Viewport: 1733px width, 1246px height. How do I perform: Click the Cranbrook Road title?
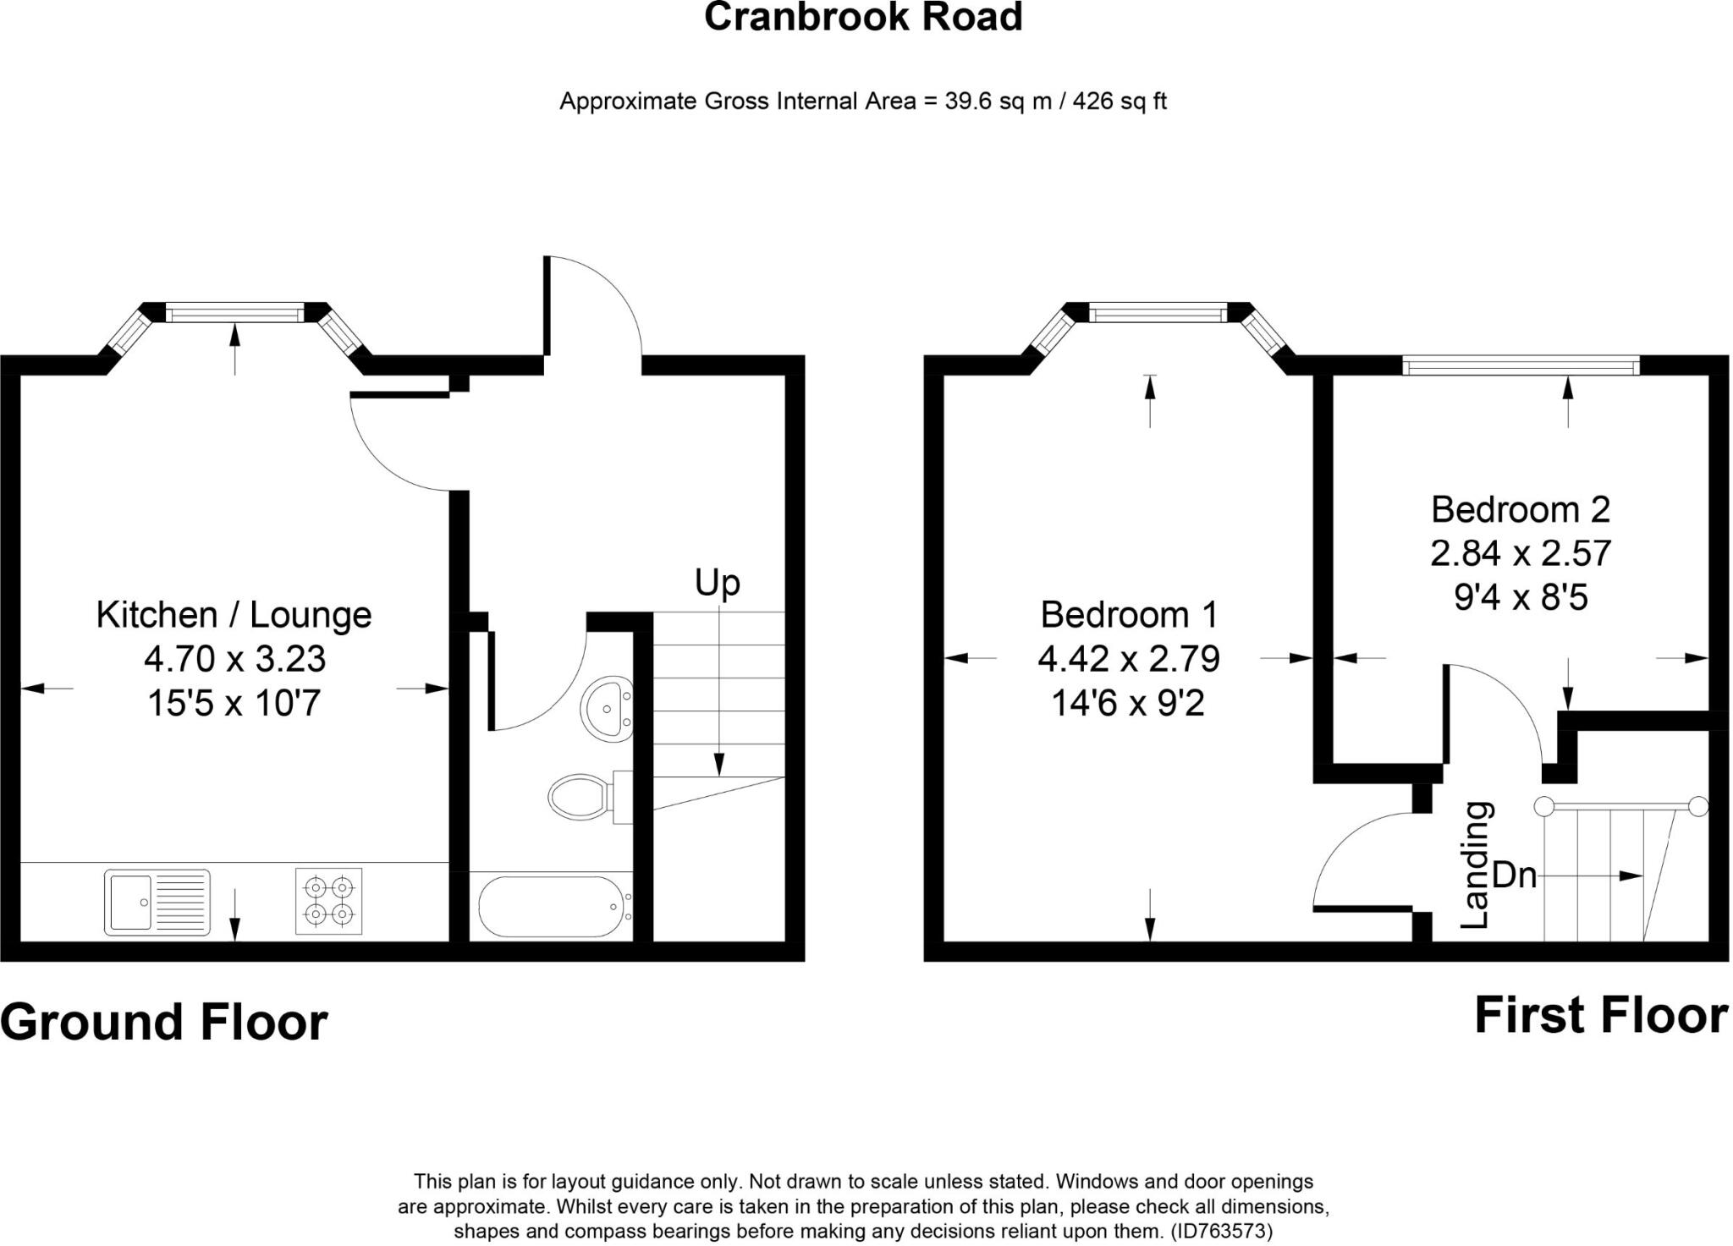click(863, 17)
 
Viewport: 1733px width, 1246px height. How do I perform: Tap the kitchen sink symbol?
click(157, 902)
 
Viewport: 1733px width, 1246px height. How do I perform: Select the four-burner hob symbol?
click(329, 901)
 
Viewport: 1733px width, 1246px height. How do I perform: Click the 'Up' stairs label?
click(718, 583)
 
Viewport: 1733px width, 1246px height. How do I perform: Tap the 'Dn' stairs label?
click(1515, 875)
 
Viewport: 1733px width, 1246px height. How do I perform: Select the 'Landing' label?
click(1477, 865)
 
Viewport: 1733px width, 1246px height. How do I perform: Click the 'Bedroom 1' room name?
click(1129, 614)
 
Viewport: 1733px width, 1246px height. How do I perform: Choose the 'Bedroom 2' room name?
click(1521, 509)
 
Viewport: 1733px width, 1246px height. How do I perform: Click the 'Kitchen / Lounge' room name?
click(234, 615)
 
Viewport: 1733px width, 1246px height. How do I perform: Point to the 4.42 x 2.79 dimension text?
click(1129, 658)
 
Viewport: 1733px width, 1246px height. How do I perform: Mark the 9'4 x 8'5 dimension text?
click(1521, 598)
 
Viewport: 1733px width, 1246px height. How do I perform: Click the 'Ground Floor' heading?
click(164, 1022)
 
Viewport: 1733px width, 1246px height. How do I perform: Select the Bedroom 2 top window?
click(1521, 365)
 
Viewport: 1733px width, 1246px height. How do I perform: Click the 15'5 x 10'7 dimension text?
click(234, 703)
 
